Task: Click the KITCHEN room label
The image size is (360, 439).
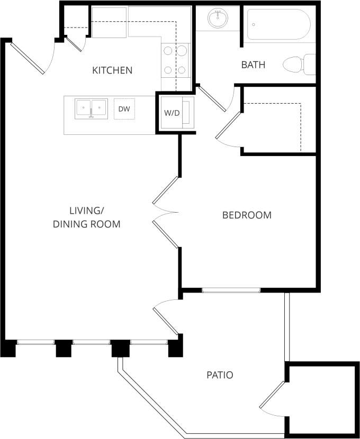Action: [x=112, y=70]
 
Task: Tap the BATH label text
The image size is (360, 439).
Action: [x=253, y=65]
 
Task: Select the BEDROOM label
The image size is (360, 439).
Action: [x=247, y=215]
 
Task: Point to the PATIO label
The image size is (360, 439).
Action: [x=220, y=375]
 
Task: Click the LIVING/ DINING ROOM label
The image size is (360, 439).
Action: [x=86, y=217]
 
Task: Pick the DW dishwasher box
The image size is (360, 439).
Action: [x=124, y=109]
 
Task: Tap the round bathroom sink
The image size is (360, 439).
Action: [x=218, y=20]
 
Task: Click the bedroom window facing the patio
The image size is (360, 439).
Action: [x=231, y=290]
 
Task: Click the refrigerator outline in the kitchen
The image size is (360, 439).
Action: [x=110, y=22]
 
